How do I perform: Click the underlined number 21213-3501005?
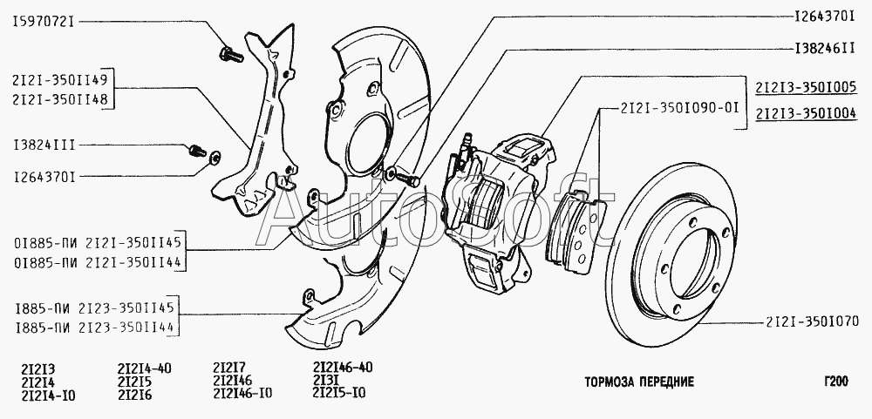(x=806, y=87)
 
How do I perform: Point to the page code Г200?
(x=835, y=382)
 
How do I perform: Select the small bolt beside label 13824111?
(x=196, y=151)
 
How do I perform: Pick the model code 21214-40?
(x=144, y=368)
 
